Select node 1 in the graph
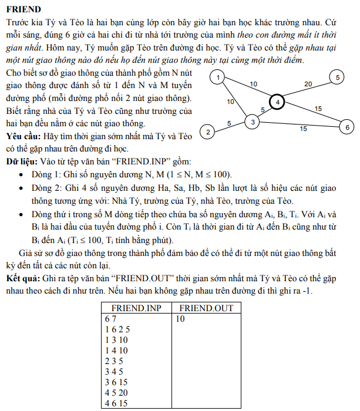coord(218,78)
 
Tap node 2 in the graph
coord(207,132)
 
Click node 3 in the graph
coord(252,122)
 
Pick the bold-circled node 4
coord(278,102)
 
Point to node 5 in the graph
coord(338,77)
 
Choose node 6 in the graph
coord(347,127)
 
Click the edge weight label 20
coord(308,84)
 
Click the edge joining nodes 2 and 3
coord(230,127)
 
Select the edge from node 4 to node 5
coord(307,90)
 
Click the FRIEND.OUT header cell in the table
coord(206,308)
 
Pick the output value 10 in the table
coord(180,319)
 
